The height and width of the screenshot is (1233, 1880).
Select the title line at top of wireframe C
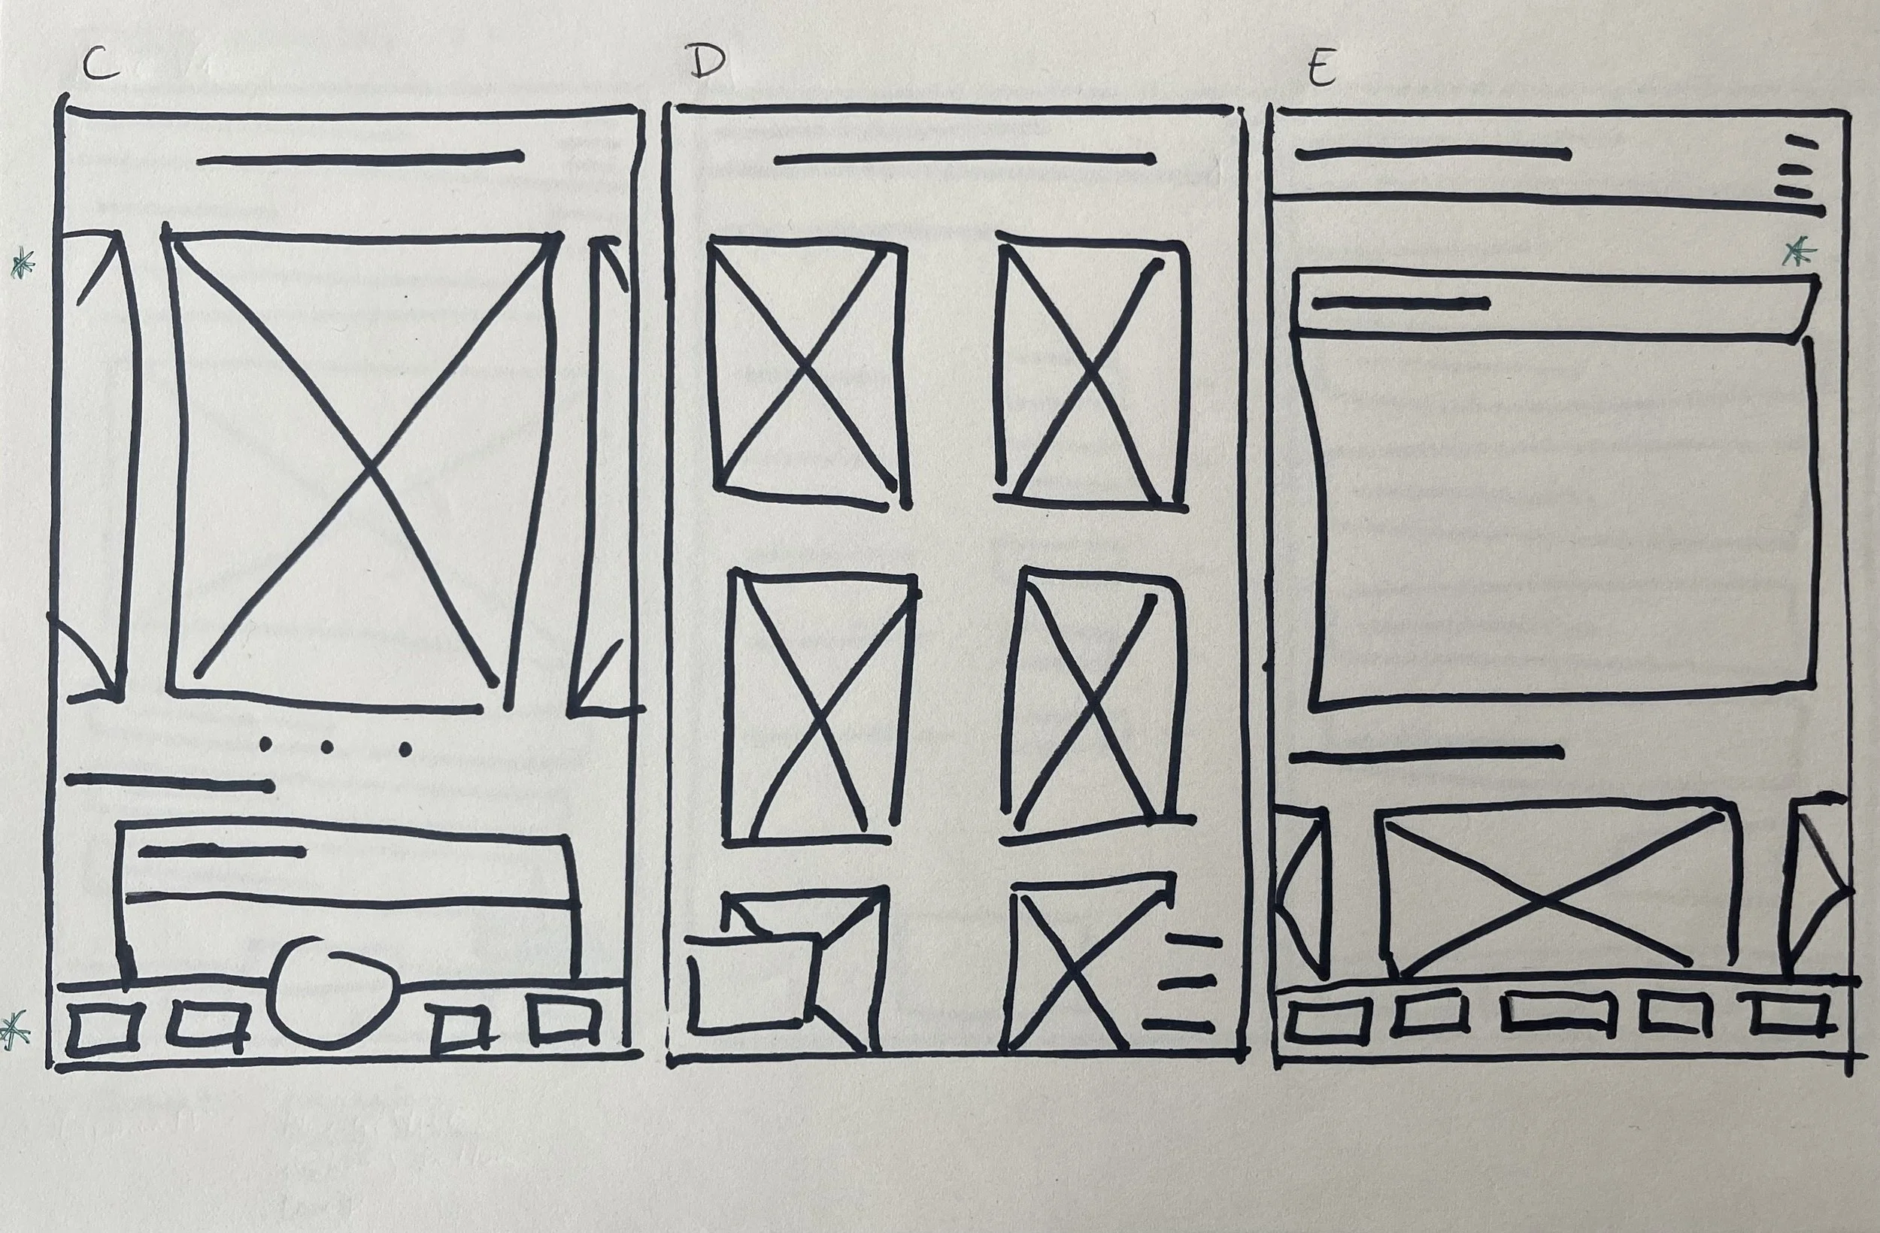[x=360, y=159]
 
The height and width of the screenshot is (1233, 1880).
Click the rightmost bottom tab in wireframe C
[x=564, y=1021]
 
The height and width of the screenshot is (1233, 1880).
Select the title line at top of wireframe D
[x=965, y=159]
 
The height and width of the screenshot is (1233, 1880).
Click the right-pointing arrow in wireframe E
[x=1817, y=889]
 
